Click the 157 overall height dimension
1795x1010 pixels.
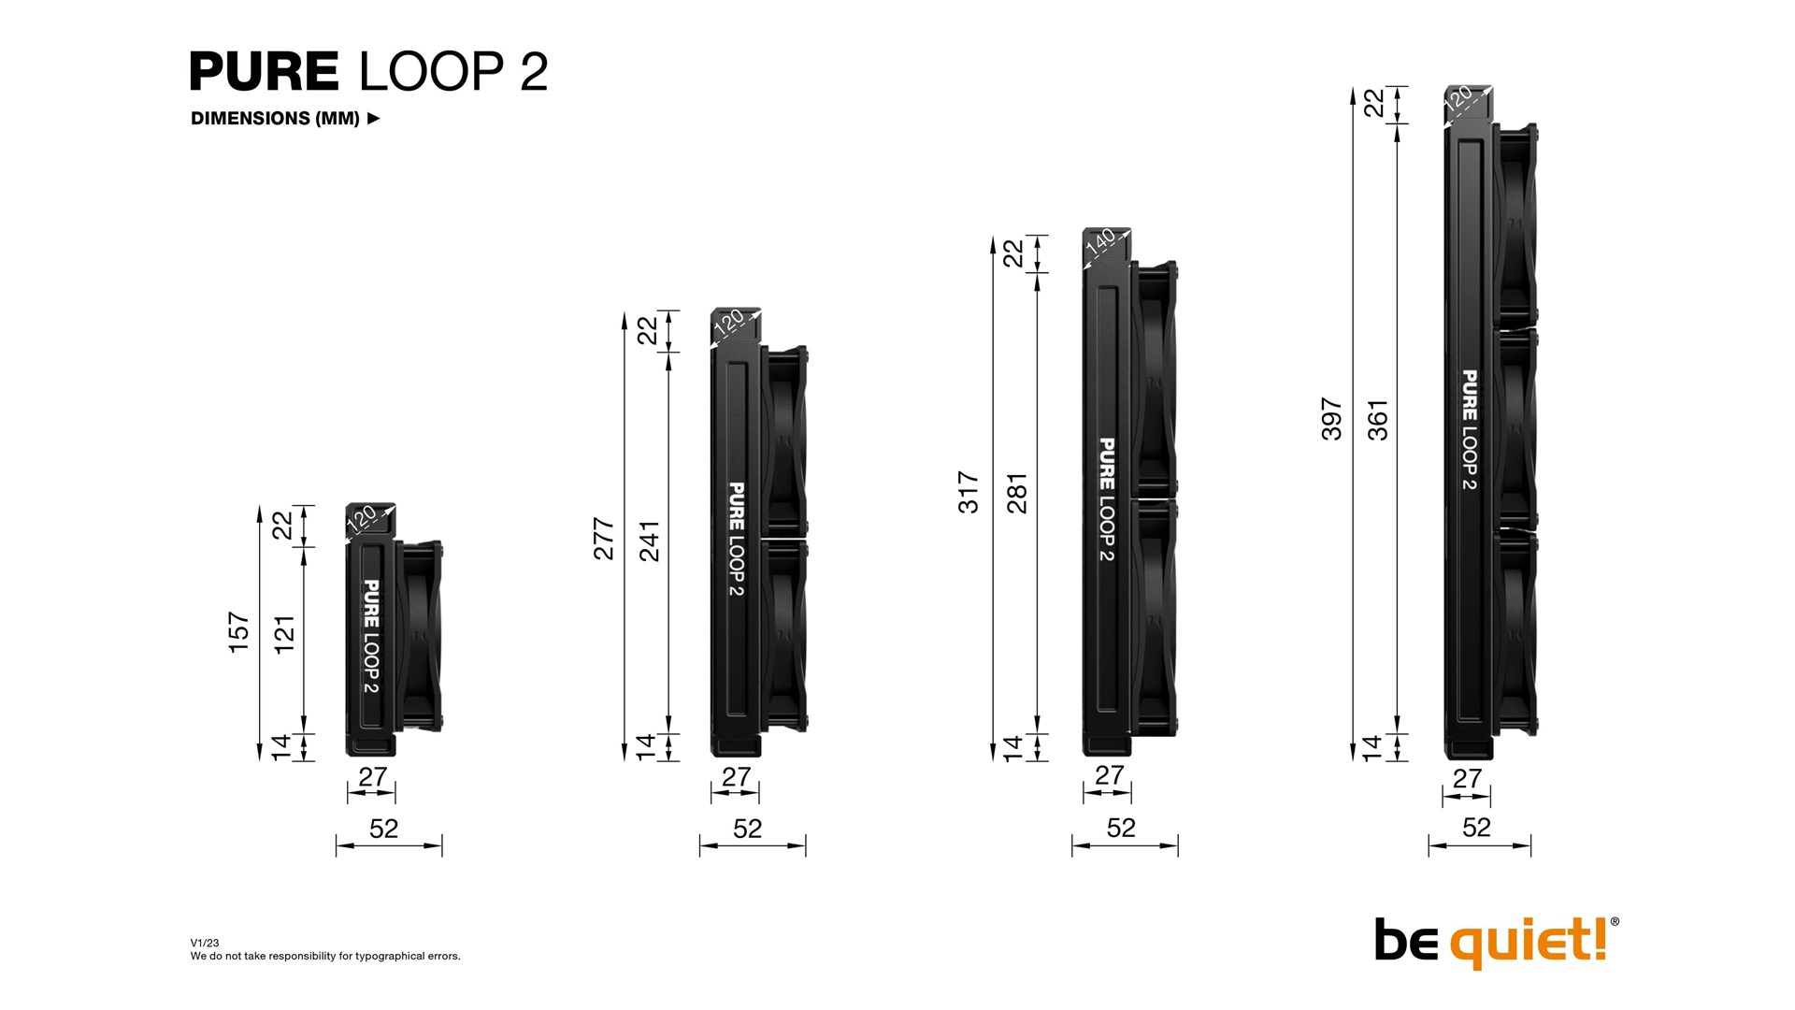239,632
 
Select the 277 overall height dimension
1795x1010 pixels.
604,539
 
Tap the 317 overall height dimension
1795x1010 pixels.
969,493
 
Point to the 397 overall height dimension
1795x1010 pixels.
1331,419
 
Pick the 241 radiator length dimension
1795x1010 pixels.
649,541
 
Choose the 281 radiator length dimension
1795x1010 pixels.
1016,494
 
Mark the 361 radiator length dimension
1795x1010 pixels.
1378,420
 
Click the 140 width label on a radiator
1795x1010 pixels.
1100,241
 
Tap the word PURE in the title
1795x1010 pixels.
264,71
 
